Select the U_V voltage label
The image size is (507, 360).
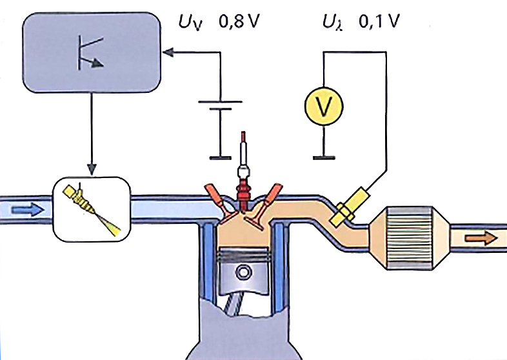(192, 25)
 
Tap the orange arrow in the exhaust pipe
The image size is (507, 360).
(483, 238)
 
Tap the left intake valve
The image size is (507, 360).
(218, 197)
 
